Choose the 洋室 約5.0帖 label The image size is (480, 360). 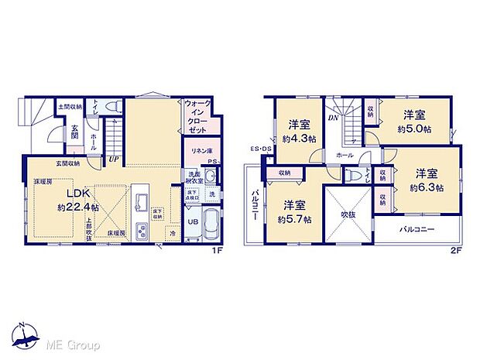(412, 122)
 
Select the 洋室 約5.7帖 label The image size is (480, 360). (294, 212)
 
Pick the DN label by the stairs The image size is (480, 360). (332, 118)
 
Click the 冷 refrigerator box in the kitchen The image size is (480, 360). (172, 232)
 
